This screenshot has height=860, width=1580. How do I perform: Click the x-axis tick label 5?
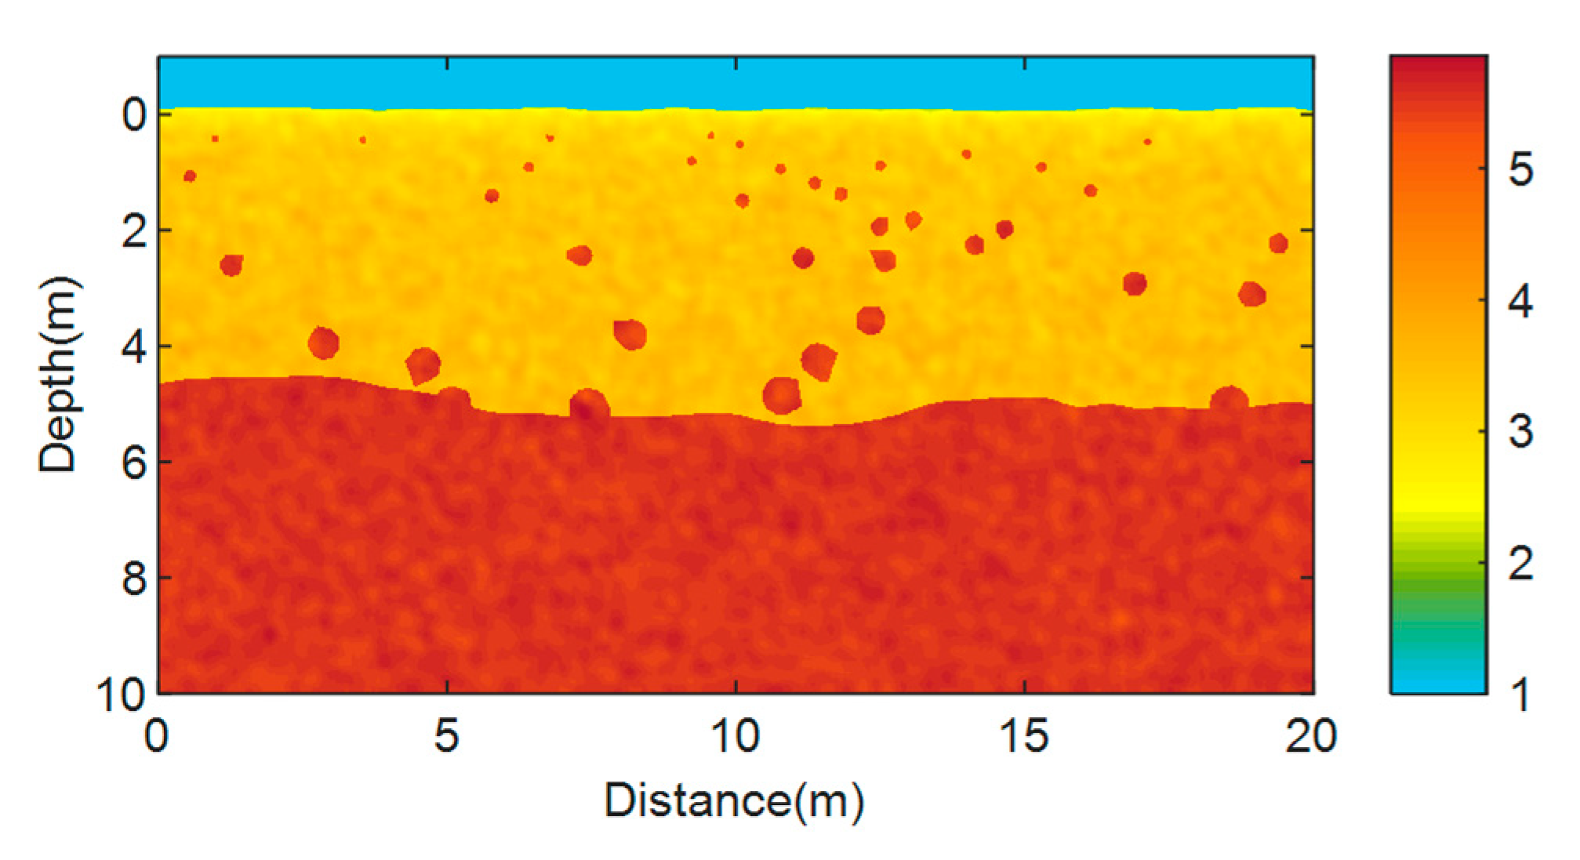446,736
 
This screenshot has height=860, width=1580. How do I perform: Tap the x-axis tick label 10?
735,736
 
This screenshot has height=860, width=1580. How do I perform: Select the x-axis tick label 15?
1024,736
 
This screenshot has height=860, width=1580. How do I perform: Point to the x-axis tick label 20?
1310,736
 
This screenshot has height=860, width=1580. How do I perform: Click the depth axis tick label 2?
134,232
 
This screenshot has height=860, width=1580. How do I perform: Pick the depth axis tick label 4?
134,347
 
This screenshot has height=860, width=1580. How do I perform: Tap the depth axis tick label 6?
134,463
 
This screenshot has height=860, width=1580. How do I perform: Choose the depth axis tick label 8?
134,579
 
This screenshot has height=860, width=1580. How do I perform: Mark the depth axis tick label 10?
122,694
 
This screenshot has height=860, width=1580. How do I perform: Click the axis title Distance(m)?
734,801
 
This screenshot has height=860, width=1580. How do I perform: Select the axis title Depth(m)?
59,375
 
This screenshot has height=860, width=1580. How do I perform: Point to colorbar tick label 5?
1520,169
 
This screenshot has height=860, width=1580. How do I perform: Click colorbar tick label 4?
1520,301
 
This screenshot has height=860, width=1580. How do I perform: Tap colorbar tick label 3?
1520,432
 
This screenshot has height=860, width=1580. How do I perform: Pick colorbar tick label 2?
1520,564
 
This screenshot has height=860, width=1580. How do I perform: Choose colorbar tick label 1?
1520,695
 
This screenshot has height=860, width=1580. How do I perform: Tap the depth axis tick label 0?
134,116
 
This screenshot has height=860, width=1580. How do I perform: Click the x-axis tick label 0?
157,736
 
